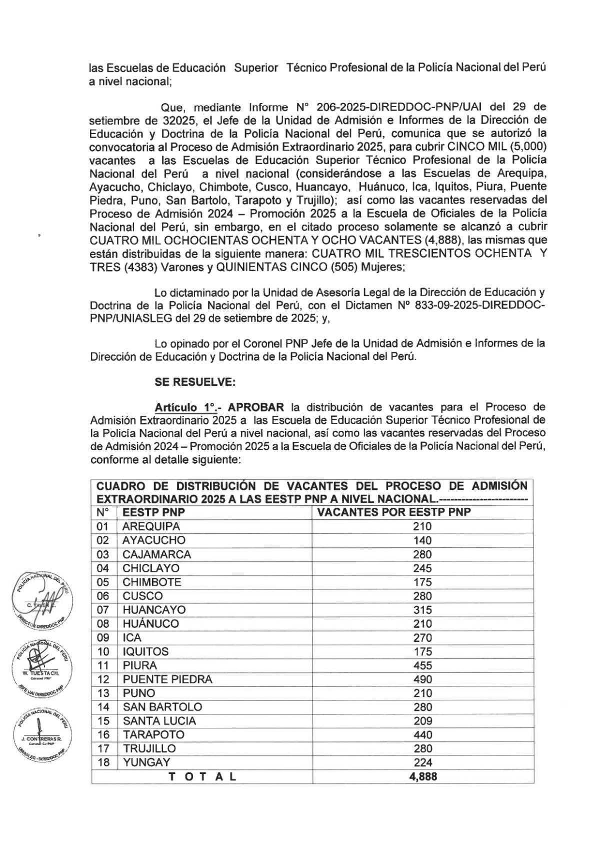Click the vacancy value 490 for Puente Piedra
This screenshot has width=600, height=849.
[x=422, y=679]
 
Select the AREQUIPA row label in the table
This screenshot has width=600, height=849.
[x=151, y=526]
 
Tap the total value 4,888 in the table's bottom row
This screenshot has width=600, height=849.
[x=422, y=776]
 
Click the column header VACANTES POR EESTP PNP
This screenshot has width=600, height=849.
[x=394, y=512]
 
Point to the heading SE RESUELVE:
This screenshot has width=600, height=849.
[x=195, y=382]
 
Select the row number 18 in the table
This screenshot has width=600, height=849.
[x=102, y=762]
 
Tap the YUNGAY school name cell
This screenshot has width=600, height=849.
[x=146, y=762]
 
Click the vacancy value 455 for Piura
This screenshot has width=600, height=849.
[x=422, y=665]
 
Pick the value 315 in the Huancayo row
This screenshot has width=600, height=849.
[x=422, y=610]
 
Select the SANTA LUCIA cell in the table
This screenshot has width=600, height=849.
[x=159, y=721]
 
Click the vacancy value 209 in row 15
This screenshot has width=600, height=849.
[x=422, y=721]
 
